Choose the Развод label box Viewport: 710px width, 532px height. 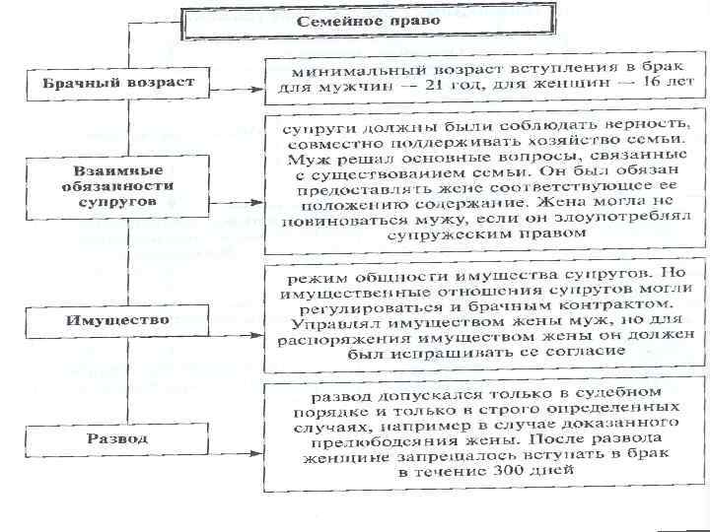(117, 438)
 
